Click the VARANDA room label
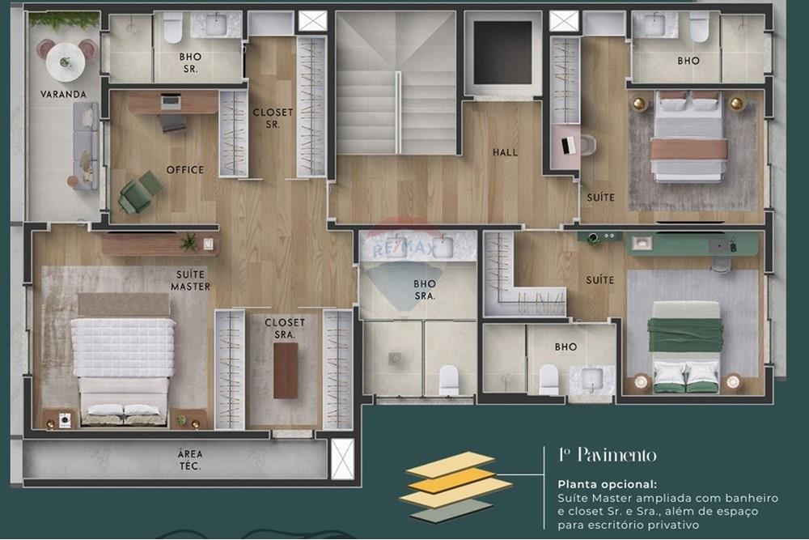coord(63,94)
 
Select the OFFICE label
coord(185,170)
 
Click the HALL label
coord(505,152)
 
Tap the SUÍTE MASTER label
coord(190,280)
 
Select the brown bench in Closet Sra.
coord(286,370)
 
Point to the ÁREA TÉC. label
coord(190,460)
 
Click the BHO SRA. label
coord(424,290)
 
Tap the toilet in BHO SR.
coord(172,29)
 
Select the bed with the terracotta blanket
coord(688,137)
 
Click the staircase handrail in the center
coord(397,112)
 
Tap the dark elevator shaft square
coord(502,53)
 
